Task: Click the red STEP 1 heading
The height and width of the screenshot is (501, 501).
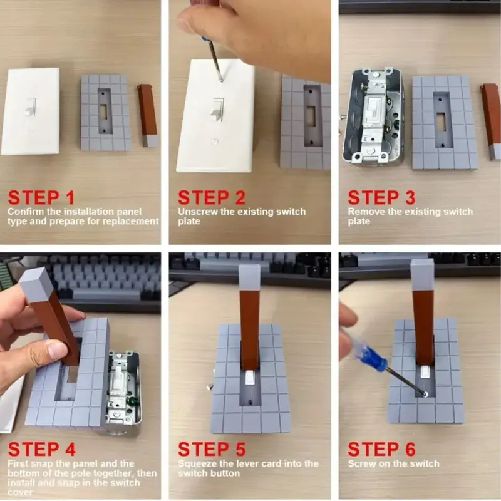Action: [41, 197]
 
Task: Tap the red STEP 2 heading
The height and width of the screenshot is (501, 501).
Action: [212, 197]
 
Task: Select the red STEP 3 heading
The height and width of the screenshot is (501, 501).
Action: [381, 197]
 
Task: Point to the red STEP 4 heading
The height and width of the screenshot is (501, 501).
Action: [41, 449]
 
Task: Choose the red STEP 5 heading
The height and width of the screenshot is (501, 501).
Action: [212, 449]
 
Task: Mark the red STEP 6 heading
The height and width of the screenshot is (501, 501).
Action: [381, 449]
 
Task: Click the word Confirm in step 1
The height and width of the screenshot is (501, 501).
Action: [26, 212]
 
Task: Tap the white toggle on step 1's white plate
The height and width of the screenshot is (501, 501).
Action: [30, 106]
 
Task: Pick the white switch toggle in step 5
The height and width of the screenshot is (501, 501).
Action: [249, 378]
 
